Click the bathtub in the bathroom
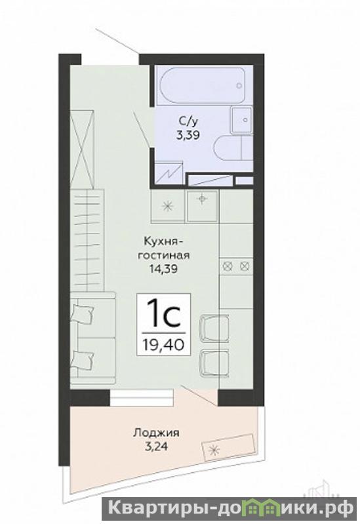[203, 85]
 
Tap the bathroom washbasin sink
[241, 120]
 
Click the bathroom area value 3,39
[188, 135]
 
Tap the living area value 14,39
[163, 269]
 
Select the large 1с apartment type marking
[164, 313]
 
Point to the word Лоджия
[157, 433]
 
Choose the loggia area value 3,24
[157, 447]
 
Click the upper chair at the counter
[214, 329]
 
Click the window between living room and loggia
[142, 397]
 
